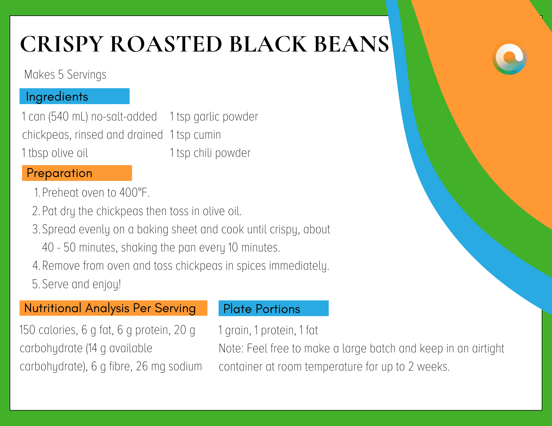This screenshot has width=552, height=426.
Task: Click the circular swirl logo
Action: pos(509,57)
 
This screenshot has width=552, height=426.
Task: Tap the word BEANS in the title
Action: pos(351,44)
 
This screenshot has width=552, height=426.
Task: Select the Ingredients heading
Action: pos(57,97)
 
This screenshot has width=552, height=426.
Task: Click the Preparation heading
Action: pos(59,173)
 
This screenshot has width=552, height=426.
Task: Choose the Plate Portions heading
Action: pos(262,309)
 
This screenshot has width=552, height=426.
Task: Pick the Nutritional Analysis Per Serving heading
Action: pos(110,308)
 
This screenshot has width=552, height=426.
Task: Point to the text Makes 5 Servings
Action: pos(65,75)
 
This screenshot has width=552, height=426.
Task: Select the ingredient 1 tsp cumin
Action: pos(195,135)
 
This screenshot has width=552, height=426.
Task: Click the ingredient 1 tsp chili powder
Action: pos(210,153)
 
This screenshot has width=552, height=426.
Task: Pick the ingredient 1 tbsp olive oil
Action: pos(55,153)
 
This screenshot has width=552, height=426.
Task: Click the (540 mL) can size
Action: pos(68,117)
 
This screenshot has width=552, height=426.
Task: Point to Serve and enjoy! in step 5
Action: pos(82,284)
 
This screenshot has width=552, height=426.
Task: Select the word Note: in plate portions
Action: pos(231,349)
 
